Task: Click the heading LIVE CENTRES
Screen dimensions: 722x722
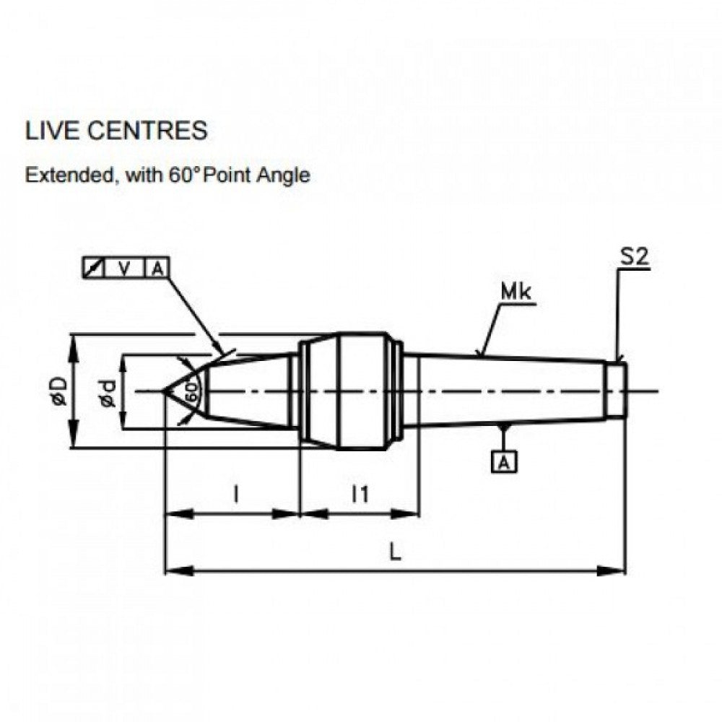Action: tap(116, 131)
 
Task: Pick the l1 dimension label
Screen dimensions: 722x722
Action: tap(360, 494)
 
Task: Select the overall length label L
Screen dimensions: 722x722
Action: tap(395, 552)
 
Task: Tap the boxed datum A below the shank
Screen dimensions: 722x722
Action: tap(505, 461)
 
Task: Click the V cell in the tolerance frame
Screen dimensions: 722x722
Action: tap(125, 269)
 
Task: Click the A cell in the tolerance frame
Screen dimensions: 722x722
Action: tap(157, 269)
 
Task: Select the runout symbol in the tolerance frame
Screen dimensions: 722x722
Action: tap(93, 269)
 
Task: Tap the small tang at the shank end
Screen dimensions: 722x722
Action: tap(616, 391)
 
